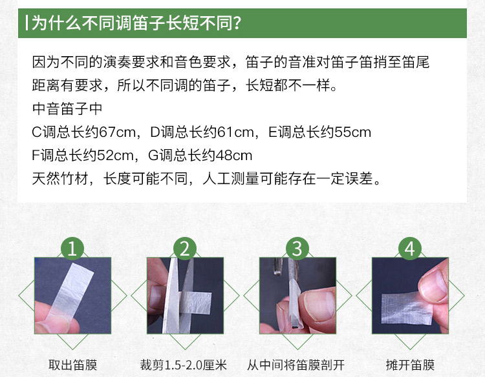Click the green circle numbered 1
click(x=72, y=249)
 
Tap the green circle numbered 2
click(x=185, y=249)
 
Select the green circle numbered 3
click(x=297, y=249)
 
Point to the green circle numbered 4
click(x=410, y=249)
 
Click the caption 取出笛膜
click(x=72, y=365)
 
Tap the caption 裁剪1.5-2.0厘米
click(x=184, y=365)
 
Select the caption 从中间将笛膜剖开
click(x=296, y=365)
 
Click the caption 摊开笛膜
click(x=410, y=365)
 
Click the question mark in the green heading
click(x=237, y=23)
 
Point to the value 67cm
click(x=118, y=132)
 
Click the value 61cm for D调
click(x=235, y=132)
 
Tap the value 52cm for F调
click(x=115, y=156)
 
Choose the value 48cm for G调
click(x=234, y=156)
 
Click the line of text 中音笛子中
click(x=67, y=108)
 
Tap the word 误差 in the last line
click(x=359, y=178)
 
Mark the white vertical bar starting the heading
click(x=27, y=23)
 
